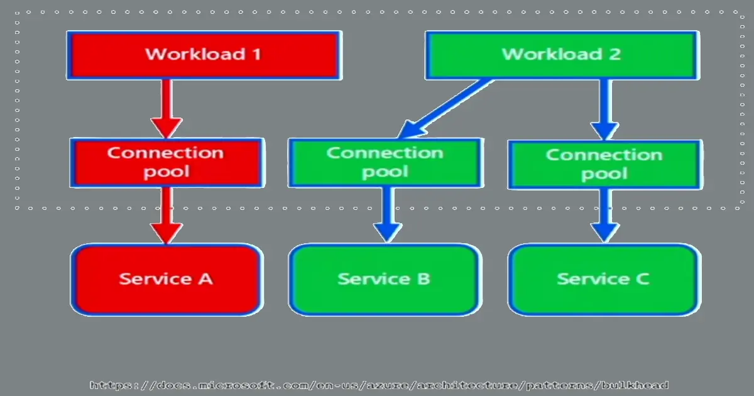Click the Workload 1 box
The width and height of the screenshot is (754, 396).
[204, 55]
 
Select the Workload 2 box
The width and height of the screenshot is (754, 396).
[560, 55]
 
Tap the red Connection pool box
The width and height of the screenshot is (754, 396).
[166, 162]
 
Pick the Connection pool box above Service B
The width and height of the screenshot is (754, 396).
[385, 162]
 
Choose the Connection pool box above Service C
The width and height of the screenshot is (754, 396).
[604, 164]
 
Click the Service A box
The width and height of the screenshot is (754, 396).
[166, 279]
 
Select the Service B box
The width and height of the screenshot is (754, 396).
[384, 279]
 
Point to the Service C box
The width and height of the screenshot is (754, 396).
[603, 279]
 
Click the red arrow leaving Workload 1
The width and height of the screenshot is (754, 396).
[167, 107]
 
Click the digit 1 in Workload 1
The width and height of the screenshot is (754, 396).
[256, 54]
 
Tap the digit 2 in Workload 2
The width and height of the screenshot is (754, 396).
[614, 54]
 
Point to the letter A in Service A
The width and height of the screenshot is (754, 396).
[205, 278]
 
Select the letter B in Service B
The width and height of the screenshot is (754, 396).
[423, 278]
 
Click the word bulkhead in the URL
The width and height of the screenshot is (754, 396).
[635, 385]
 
